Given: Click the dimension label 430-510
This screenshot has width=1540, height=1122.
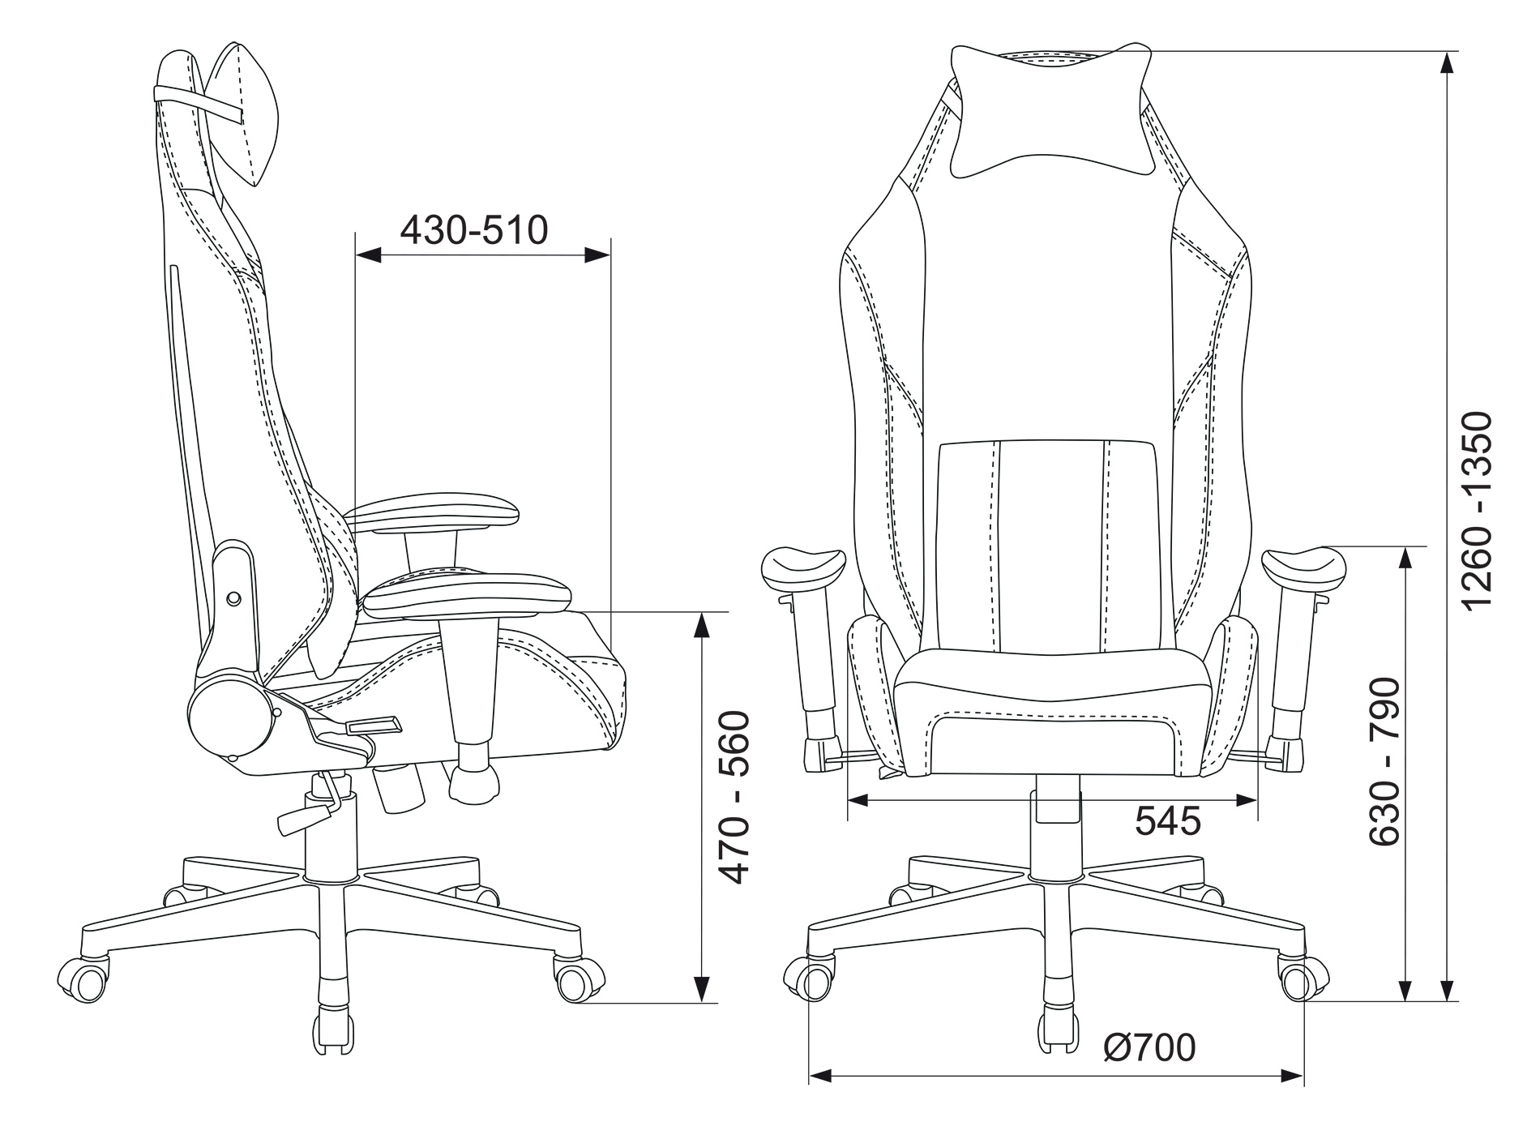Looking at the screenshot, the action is coord(474,230).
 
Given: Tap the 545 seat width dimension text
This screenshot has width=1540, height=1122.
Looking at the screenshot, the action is coord(1167,822).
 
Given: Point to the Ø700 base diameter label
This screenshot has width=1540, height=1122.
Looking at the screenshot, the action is coord(1149,1048).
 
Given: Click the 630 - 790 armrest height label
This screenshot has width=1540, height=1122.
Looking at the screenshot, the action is coord(1384,763).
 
